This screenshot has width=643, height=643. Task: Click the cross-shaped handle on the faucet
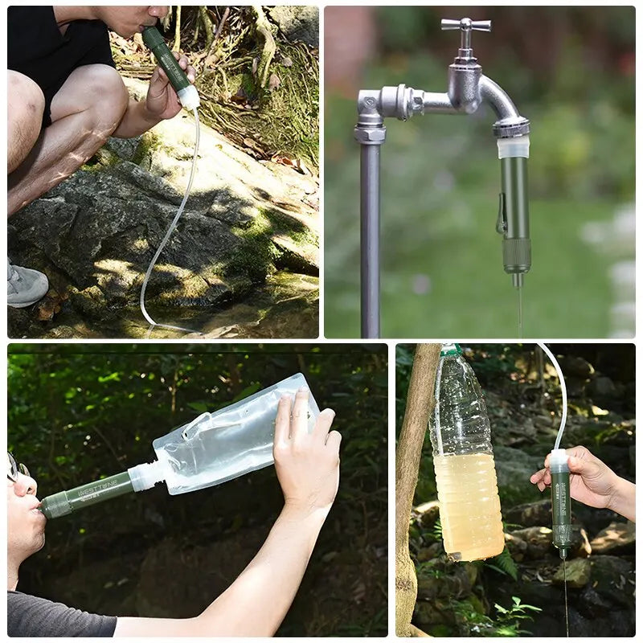pos(466,26)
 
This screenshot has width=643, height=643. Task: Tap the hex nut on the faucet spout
pos(511,127)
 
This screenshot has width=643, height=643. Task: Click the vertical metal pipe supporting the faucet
pos(370,241)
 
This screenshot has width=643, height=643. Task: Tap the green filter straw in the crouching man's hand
pos(168,61)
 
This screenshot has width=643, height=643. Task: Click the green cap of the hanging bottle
pos(451,350)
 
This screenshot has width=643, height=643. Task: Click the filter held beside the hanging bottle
pos(561,502)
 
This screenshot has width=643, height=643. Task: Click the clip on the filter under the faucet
pos(502,213)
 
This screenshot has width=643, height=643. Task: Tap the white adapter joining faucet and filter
pos(513,147)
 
